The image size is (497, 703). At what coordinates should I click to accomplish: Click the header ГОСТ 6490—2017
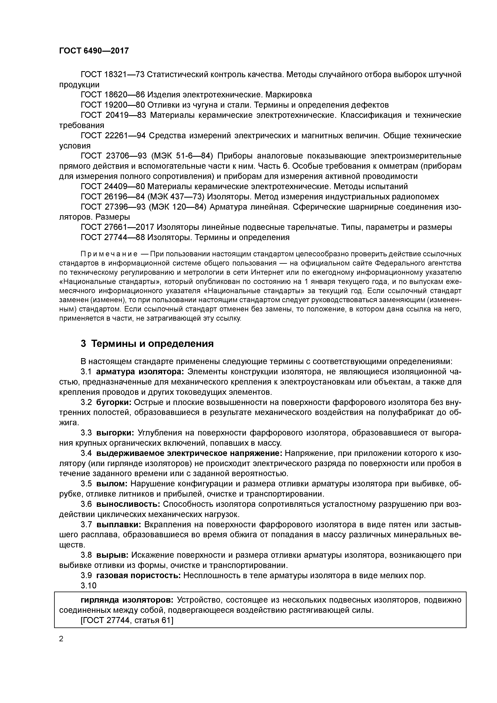[x=94, y=51]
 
